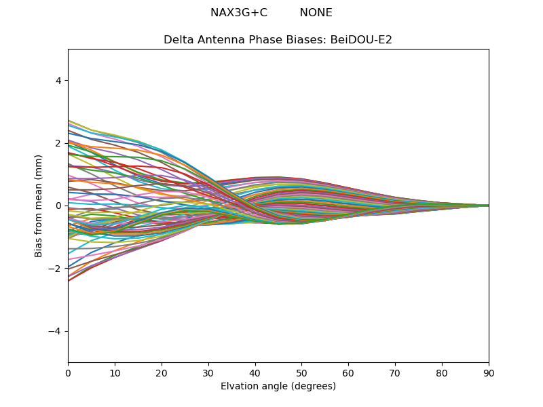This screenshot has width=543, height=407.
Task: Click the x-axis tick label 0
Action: tap(68, 372)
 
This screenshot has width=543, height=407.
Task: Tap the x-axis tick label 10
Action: tap(115, 372)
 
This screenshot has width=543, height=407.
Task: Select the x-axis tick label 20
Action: tap(162, 372)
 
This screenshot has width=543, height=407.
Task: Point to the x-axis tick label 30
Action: tap(208, 372)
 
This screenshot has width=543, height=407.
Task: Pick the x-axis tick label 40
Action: tap(255, 372)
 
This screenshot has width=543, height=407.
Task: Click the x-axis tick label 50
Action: tap(301, 372)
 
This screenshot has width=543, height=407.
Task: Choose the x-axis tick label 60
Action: tap(348, 372)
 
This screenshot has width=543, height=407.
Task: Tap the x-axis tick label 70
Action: tap(395, 372)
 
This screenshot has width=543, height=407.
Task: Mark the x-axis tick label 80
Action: tap(442, 372)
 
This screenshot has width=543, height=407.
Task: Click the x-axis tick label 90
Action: tap(489, 372)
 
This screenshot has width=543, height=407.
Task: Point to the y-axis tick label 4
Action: tap(58, 81)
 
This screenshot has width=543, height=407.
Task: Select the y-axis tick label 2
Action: tap(58, 143)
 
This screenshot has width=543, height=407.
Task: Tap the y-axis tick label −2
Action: tap(56, 269)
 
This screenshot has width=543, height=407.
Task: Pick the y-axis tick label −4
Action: tap(56, 331)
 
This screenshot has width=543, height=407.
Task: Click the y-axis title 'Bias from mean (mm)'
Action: tap(39, 206)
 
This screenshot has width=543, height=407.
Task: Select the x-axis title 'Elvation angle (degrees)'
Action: tap(278, 387)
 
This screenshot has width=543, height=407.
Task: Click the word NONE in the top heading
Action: tap(316, 13)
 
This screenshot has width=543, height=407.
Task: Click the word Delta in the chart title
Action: tap(178, 40)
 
